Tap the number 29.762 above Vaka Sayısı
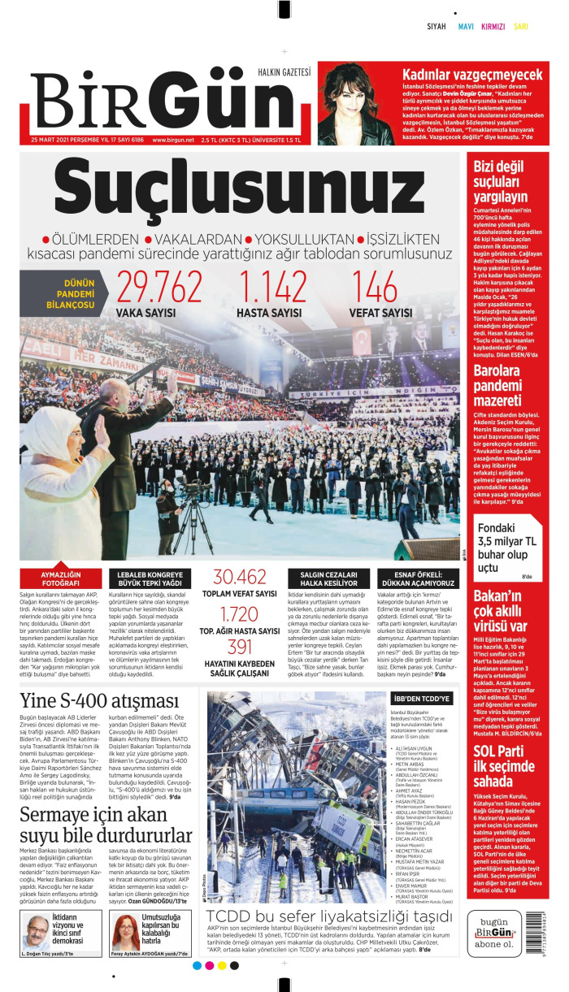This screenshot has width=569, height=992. [x=159, y=287]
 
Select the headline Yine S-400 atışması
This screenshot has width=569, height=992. [x=99, y=701]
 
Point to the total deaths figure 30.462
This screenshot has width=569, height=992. [x=239, y=577]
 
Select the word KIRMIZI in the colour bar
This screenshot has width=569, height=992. [x=493, y=26]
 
